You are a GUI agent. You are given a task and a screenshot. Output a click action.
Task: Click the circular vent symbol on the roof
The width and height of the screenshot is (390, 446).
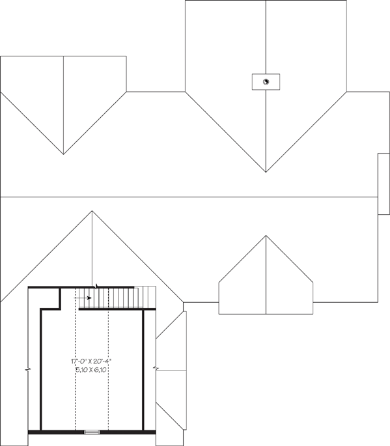pos(266,81)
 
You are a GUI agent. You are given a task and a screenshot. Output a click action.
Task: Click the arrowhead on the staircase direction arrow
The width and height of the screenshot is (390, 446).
pos(89,298)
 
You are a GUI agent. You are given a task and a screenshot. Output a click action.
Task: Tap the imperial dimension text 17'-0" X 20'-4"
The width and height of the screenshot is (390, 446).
pos(91,361)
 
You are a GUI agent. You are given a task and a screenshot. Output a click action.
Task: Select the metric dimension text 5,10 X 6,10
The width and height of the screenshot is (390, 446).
pos(91,370)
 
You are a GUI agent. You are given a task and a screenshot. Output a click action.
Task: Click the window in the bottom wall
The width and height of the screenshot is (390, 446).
pos(92,432)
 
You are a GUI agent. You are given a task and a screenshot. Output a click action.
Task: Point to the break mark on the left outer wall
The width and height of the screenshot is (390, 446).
pos(28,370)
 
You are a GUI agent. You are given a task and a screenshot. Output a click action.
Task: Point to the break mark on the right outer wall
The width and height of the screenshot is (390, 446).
pos(156,369)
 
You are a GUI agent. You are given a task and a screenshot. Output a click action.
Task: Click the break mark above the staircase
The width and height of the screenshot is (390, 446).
pos(97,286)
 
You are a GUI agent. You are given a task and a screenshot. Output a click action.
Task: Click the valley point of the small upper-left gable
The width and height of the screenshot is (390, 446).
pos(63,154)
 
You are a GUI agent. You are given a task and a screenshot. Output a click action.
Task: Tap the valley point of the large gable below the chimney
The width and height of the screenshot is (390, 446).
pos(266,172)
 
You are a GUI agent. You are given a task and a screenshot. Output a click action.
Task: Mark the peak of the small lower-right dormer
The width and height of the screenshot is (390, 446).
pos(266,236)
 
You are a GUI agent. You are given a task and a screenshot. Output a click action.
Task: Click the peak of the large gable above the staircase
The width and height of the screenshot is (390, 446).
pos(92,211)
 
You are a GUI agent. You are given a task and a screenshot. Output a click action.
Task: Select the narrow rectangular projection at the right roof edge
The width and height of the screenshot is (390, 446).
pos(383,184)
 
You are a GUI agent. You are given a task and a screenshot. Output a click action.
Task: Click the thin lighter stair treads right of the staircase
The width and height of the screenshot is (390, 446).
pos(145,297)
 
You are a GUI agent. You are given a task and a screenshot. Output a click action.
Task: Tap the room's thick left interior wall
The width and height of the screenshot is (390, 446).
pos(41,370)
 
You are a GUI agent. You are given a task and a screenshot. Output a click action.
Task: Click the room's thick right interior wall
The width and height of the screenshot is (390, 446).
pos(143,370)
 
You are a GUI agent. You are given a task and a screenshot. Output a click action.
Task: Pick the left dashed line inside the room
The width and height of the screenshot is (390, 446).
pos(76,359)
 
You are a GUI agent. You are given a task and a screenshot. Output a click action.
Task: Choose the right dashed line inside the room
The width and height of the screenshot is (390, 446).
pos(108,370)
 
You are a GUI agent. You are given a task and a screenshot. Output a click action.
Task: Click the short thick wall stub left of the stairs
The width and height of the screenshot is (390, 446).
pos(60,299)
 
